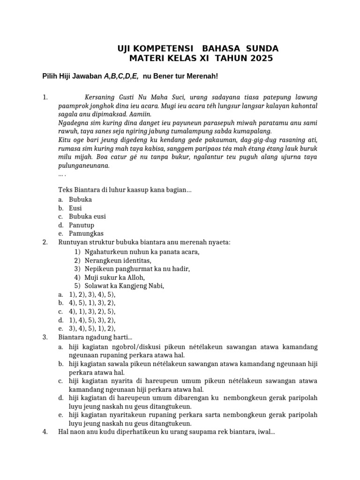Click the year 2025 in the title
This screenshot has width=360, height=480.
tap(261, 59)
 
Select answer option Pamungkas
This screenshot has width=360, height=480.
tap(86, 233)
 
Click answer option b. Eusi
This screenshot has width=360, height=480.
tap(75, 208)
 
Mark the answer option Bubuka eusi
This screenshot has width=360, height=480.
tap(87, 217)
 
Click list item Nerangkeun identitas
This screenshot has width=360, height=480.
tap(118, 260)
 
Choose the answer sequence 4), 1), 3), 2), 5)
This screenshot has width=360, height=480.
tap(92, 311)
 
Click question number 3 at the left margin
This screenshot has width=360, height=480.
tap(45, 337)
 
